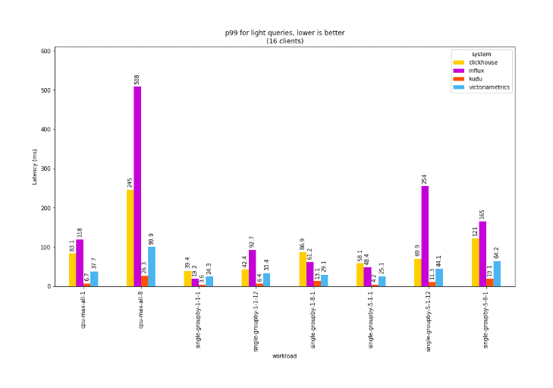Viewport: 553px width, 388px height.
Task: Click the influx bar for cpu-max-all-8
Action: point(137,186)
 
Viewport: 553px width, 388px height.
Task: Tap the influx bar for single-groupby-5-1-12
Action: point(424,236)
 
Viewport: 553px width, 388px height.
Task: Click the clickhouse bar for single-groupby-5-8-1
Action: point(475,263)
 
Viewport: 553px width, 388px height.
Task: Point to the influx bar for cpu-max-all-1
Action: point(80,263)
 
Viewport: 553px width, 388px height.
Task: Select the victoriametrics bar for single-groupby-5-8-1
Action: point(497,273)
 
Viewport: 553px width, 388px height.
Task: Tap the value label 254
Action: point(424,178)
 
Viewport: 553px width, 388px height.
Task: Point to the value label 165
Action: point(482,214)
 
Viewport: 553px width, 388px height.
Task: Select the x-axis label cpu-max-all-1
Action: point(83,311)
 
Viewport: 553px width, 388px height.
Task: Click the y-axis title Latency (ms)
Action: point(35,167)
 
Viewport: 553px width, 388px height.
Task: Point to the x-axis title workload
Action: point(284,355)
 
